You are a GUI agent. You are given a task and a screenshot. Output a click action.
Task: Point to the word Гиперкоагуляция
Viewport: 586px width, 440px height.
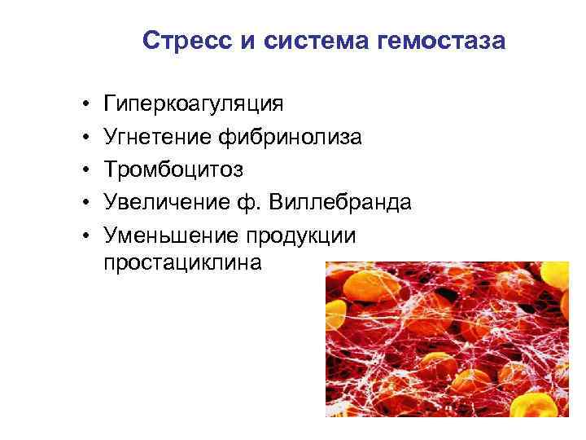pyautogui.click(x=194, y=105)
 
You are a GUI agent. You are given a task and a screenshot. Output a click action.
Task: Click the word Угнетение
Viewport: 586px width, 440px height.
pyautogui.click(x=158, y=138)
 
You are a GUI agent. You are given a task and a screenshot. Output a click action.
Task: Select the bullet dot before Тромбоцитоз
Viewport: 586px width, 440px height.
pyautogui.click(x=85, y=171)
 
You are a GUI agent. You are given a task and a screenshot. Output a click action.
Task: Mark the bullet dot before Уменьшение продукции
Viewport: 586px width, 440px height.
pyautogui.click(x=85, y=236)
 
